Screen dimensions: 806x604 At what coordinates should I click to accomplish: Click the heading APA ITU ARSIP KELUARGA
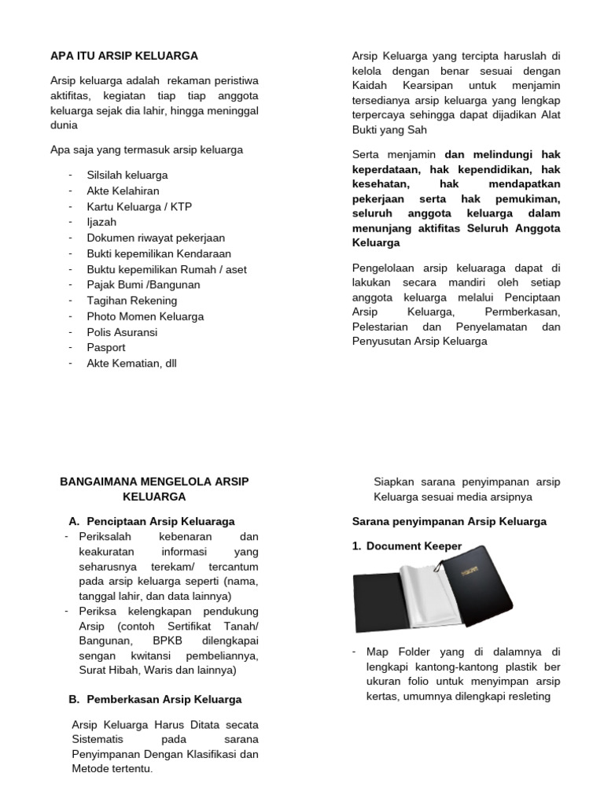tap(124, 56)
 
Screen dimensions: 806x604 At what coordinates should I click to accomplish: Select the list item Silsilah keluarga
tap(127, 175)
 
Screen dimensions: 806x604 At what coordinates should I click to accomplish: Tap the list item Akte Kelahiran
tap(123, 190)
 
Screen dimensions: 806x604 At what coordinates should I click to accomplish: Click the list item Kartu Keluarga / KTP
tap(139, 206)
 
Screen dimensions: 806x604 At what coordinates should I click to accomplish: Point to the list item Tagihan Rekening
tap(132, 301)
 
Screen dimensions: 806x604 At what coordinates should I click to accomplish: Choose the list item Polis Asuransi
tap(123, 332)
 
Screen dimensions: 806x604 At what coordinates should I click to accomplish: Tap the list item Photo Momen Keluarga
tap(145, 316)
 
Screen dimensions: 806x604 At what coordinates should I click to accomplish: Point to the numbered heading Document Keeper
tap(414, 546)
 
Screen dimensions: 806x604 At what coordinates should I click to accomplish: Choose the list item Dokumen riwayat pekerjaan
tap(156, 238)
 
